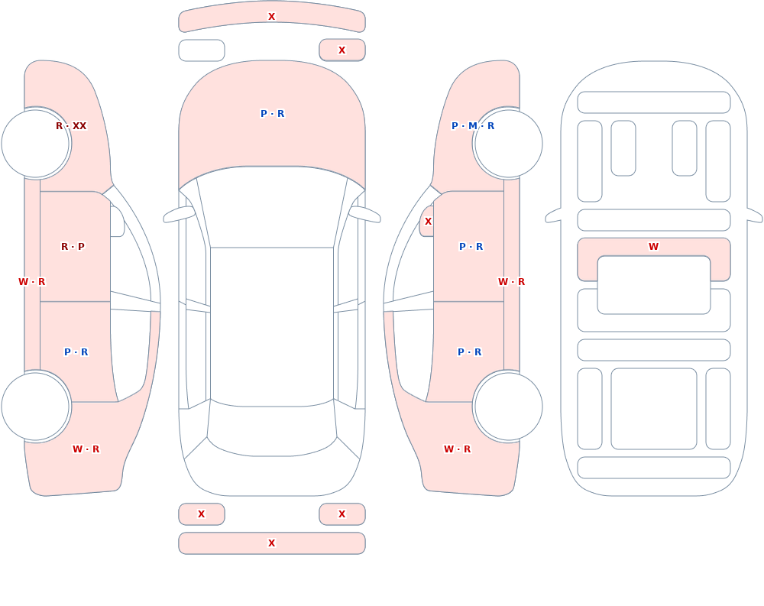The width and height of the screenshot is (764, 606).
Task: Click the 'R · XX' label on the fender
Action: pos(71,126)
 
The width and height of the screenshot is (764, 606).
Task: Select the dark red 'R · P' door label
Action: pos(73,247)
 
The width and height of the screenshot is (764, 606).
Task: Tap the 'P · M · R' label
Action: pos(473,126)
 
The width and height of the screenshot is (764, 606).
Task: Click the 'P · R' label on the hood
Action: pos(273,114)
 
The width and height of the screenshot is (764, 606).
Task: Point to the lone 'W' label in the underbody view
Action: pos(653,247)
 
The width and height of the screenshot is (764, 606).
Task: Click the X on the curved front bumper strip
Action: pos(272,17)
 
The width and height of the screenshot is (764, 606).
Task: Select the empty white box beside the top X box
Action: pos(202,50)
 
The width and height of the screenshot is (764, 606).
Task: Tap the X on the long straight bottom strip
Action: pos(272,543)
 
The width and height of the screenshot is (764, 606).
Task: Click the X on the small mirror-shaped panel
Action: pos(428,222)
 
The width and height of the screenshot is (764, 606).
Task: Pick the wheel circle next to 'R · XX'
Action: pos(36,144)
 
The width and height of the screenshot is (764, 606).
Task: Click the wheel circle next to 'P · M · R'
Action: pos(508,144)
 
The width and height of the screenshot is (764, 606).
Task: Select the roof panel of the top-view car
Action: pos(272,326)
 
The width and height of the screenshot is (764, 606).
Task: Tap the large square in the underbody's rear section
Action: pos(654,409)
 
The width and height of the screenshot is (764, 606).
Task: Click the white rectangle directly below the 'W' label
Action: pos(654,285)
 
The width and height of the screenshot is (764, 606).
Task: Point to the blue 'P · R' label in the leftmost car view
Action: pos(76,352)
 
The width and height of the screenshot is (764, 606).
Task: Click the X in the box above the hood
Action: pos(342,50)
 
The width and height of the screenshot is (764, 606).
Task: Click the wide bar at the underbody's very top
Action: pos(654,102)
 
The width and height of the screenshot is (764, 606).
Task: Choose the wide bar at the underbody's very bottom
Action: pos(654,468)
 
